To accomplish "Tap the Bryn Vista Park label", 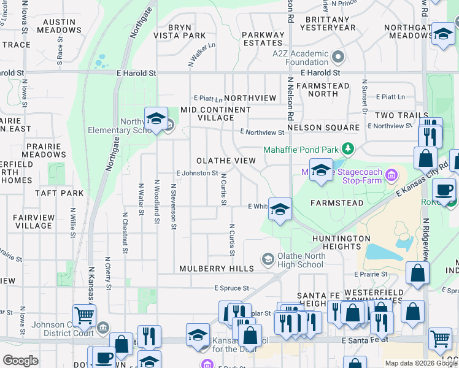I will point(179,32).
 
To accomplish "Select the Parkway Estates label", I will point(262,39).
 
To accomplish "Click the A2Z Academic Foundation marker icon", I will point(337,58).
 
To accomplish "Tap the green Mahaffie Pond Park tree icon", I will point(348,149).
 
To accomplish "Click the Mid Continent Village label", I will point(215,113).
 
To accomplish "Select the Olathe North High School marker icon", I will point(267,260).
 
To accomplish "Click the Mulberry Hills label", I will point(216,269).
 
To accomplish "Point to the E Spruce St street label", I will point(231,288).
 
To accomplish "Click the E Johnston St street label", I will point(197,174).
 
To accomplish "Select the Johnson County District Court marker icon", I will point(102,328).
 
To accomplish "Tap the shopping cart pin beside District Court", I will point(85,315).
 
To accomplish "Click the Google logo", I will point(21,361).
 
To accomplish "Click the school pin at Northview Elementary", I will point(156,118).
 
